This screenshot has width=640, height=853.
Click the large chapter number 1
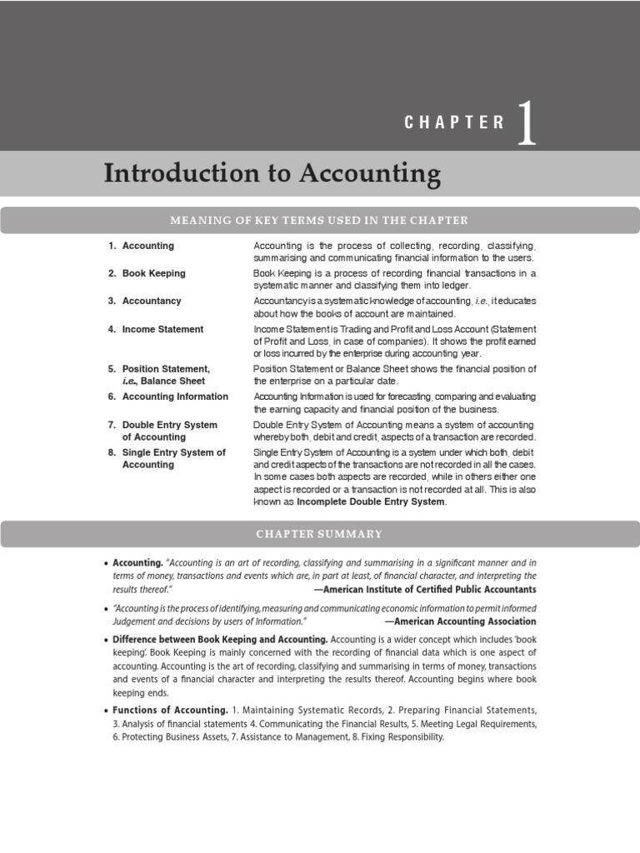pyautogui.click(x=526, y=122)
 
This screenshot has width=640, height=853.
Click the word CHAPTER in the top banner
pyautogui.click(x=454, y=122)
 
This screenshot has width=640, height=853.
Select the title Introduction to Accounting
pyautogui.click(x=272, y=174)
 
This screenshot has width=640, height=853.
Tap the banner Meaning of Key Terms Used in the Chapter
pyautogui.click(x=319, y=220)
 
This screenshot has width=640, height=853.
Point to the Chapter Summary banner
pyautogui.click(x=319, y=534)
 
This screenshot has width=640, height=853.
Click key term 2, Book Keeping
pyautogui.click(x=153, y=273)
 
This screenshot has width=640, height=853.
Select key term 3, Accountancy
pyautogui.click(x=151, y=301)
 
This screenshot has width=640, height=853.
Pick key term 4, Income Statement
pyautogui.click(x=162, y=329)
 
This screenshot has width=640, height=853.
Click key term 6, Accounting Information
pyautogui.click(x=174, y=397)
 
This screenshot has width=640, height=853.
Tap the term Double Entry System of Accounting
pyautogui.click(x=169, y=431)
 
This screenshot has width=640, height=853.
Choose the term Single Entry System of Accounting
pyautogui.click(x=173, y=458)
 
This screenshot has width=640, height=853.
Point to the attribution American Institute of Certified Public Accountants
pyautogui.click(x=425, y=589)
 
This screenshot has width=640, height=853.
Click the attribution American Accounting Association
pyautogui.click(x=460, y=621)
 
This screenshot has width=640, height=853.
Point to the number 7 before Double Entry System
pyautogui.click(x=111, y=425)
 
